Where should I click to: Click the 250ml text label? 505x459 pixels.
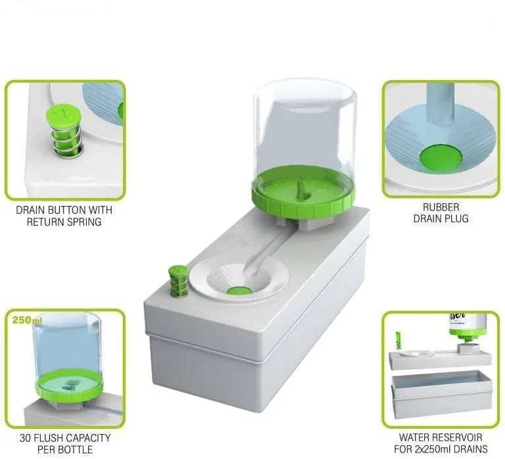tap(26, 320)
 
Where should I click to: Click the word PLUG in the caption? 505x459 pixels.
tap(456, 218)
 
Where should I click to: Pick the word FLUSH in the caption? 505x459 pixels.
tap(54, 438)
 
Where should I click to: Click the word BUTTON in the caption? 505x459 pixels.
tap(60, 210)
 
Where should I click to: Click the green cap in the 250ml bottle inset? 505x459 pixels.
tap(69, 384)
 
